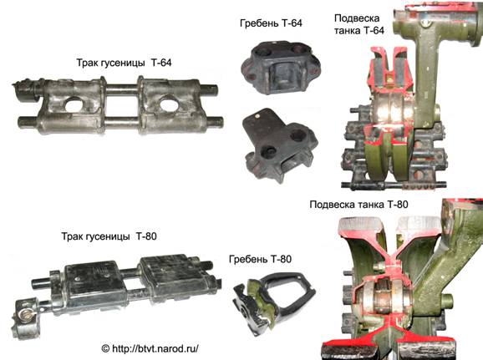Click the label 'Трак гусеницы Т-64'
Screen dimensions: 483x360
pyautogui.click(x=124, y=63)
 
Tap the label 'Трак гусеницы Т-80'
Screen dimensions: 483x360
pyautogui.click(x=109, y=236)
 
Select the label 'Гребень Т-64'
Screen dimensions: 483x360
pyautogui.click(x=271, y=23)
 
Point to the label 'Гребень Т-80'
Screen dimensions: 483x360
pyautogui.click(x=260, y=259)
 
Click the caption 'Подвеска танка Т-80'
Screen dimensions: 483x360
pyautogui.click(x=358, y=205)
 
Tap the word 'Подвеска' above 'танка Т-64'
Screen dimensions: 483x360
pyautogui.click(x=357, y=18)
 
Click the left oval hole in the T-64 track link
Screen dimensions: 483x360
pyautogui.click(x=74, y=104)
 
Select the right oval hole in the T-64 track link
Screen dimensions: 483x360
pyautogui.click(x=169, y=104)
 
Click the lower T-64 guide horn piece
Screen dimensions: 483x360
pyautogui.click(x=279, y=145)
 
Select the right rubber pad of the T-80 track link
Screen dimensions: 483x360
pyautogui.click(x=172, y=273)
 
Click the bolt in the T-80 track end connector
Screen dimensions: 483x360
pyautogui.click(x=23, y=314)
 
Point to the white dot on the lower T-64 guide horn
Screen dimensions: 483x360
pyautogui.click(x=257, y=115)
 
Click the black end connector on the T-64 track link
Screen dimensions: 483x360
pyautogui.click(x=25, y=92)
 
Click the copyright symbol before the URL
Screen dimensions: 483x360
pyautogui.click(x=105, y=348)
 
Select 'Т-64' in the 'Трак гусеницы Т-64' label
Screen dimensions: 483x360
pyautogui.click(x=161, y=63)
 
